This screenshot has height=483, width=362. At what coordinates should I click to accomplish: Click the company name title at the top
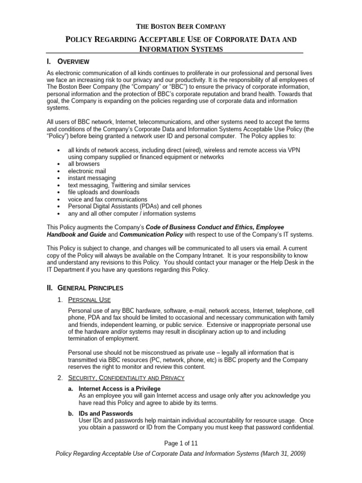coord(181,26)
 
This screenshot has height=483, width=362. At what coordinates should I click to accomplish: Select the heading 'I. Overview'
coord(68,61)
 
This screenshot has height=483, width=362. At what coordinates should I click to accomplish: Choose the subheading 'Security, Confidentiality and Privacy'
coord(126,378)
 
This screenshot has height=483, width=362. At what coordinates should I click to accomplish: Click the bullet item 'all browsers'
coord(84,164)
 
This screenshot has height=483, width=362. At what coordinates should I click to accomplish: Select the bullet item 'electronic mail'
coord(87,171)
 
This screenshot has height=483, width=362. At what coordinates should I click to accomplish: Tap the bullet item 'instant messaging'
coord(92,178)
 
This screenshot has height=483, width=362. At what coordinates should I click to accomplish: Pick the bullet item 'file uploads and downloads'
coord(104,192)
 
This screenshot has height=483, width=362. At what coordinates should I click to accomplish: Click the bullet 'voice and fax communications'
coord(107,199)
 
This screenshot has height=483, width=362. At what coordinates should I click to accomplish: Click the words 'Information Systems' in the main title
coord(181,49)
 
